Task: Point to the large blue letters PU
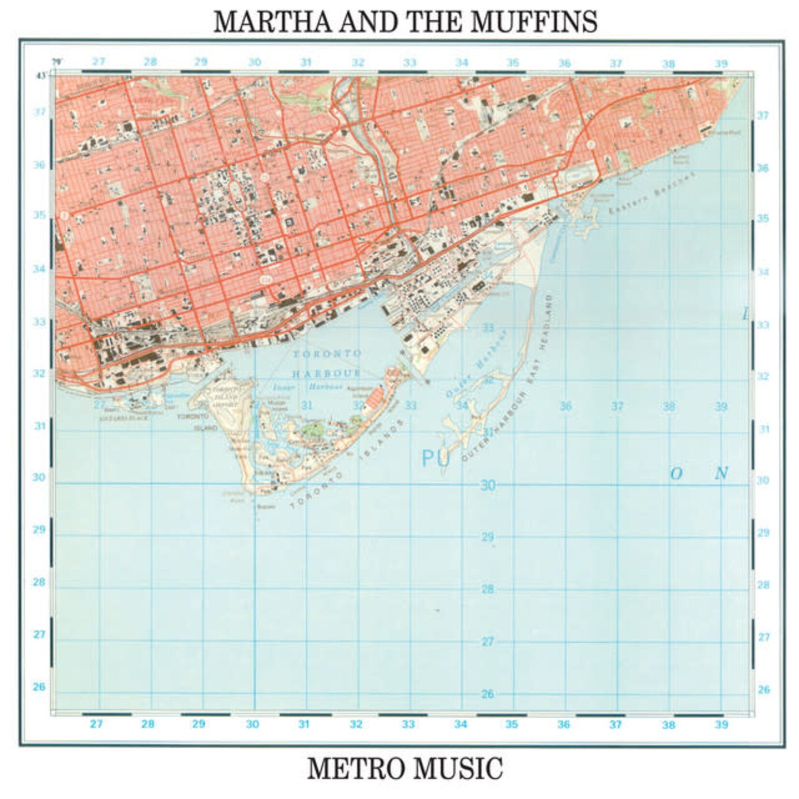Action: (x=436, y=458)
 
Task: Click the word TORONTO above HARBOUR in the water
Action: (x=326, y=354)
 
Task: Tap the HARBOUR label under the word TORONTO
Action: (x=326, y=373)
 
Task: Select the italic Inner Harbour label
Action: (x=308, y=387)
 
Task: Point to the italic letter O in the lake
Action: (x=676, y=473)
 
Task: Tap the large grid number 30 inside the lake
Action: (x=488, y=485)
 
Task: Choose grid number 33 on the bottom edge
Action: (x=408, y=724)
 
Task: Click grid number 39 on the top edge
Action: (x=721, y=64)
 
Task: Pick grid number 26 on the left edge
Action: (x=39, y=686)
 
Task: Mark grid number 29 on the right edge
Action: (x=763, y=533)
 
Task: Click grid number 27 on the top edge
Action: (x=99, y=62)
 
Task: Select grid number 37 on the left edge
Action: (x=40, y=112)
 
